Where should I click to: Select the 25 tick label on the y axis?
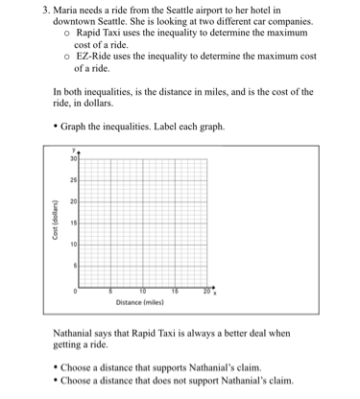[x=72, y=180]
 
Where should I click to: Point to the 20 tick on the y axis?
[x=72, y=202]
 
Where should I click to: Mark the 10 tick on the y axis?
[x=72, y=245]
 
